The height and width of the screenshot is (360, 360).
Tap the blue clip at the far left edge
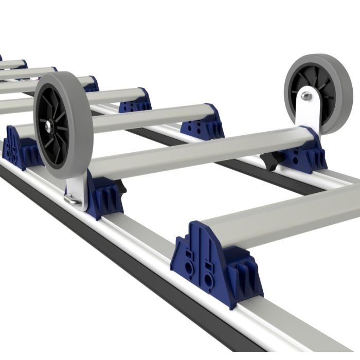pos(18,149)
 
